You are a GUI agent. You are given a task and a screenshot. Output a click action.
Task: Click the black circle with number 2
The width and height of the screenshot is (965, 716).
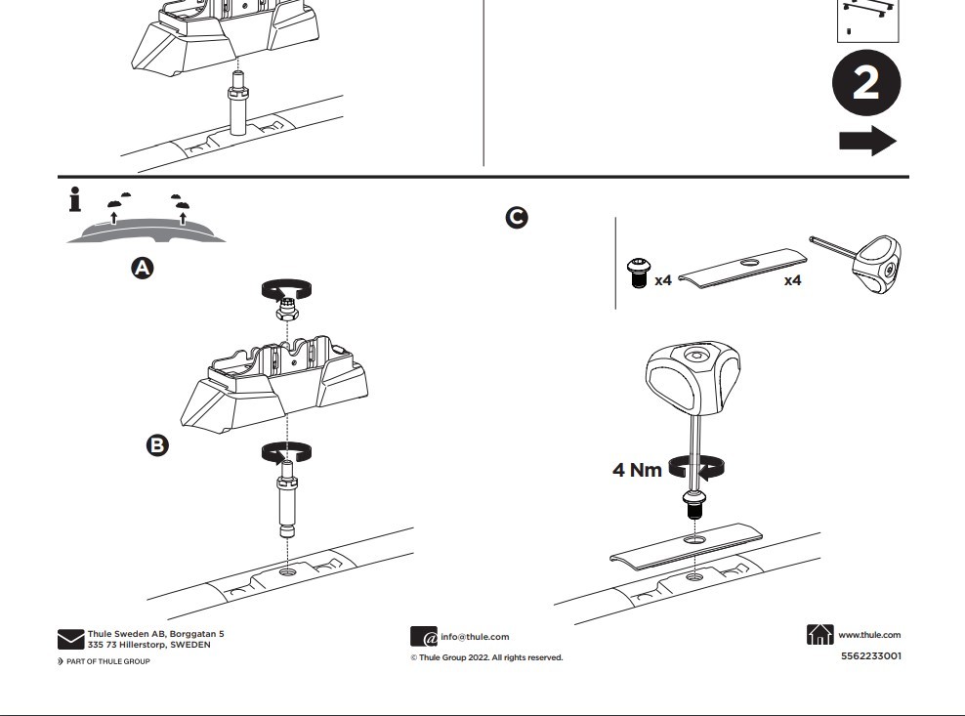[x=865, y=85]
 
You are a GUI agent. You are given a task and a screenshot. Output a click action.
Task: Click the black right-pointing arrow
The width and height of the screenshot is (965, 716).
[x=867, y=141]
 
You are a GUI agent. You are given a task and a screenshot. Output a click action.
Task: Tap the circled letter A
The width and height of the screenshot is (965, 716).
[x=143, y=268]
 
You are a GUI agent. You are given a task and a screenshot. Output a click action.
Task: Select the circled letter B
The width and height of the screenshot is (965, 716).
[x=157, y=445]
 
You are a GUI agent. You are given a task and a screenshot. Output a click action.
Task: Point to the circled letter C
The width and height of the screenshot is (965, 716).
[x=517, y=218]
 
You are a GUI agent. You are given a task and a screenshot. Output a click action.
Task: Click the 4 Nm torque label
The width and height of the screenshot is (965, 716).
[x=637, y=470]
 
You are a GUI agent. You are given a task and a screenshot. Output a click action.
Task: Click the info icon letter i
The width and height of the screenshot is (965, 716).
[x=75, y=200]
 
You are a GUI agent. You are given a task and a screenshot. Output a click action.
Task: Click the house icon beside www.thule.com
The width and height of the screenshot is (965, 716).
[x=820, y=635]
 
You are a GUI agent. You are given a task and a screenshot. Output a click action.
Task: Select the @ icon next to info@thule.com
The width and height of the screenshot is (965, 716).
[x=424, y=637]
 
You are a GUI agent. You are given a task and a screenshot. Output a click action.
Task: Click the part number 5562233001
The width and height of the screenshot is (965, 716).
[x=871, y=655]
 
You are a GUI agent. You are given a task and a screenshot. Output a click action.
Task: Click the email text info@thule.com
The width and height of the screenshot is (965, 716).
[x=475, y=637]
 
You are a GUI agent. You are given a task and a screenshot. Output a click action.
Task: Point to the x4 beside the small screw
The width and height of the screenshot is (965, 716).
[x=663, y=280]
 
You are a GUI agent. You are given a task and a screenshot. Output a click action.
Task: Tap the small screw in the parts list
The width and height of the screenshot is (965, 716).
[x=637, y=273]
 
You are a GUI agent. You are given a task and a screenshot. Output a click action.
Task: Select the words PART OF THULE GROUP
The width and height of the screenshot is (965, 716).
[x=107, y=661]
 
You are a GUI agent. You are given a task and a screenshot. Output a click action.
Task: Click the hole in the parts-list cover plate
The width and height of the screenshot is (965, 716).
[x=750, y=262]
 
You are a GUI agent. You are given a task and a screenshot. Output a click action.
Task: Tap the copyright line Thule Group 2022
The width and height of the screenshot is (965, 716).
[x=486, y=657]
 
